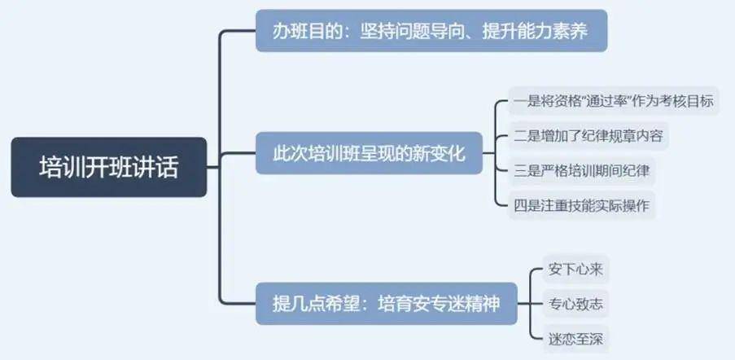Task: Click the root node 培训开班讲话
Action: tap(109, 167)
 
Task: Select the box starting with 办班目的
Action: tap(431, 31)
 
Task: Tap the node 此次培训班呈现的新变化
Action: tap(369, 153)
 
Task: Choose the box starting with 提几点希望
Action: tap(387, 304)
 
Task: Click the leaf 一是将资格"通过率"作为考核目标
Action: tap(614, 101)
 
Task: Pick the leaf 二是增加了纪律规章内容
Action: tap(588, 136)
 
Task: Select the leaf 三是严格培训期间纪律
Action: tap(582, 170)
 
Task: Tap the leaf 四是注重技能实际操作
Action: tap(582, 205)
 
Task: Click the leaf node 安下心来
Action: tap(575, 270)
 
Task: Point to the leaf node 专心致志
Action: tap(575, 305)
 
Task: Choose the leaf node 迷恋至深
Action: tap(575, 339)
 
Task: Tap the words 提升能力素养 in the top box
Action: tap(536, 32)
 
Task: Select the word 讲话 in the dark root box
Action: tap(161, 167)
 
